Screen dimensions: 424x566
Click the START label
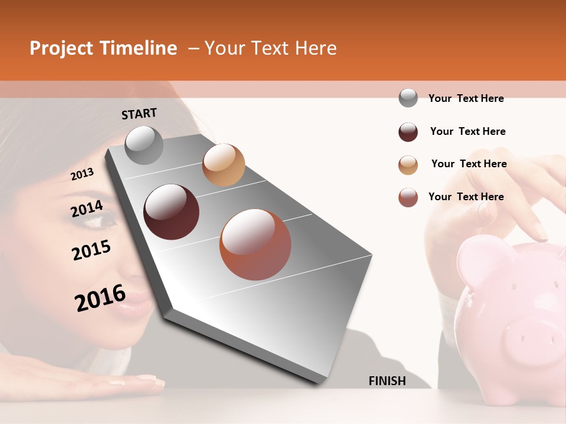139,114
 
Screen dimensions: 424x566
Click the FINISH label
387,381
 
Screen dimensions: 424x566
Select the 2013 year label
82,174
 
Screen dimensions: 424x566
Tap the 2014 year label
87,209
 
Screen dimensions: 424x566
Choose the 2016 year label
100,297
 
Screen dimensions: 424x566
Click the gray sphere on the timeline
144,145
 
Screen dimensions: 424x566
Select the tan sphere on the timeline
223,165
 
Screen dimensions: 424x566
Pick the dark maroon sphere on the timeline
171,212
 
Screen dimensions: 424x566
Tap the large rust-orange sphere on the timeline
255,244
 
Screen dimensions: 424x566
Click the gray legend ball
408,98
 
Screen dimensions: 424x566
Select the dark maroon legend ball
408,132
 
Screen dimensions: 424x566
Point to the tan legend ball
408,165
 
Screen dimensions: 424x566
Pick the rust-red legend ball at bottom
408,197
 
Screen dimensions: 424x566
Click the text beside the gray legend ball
466,98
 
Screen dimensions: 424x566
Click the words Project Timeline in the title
103,48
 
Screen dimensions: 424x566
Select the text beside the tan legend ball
469,164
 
